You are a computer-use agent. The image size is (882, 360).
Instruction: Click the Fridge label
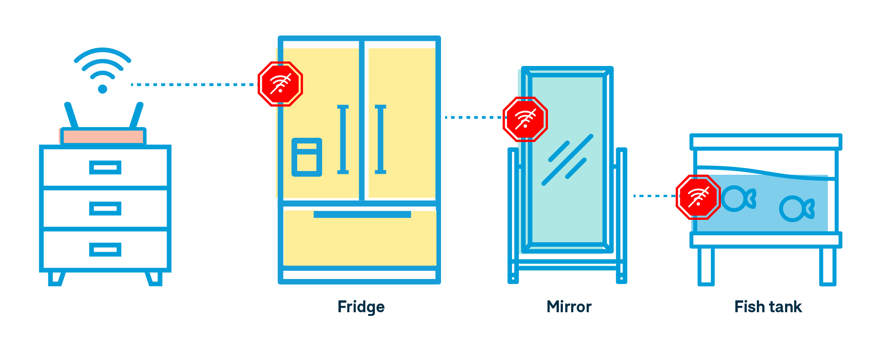point(361,307)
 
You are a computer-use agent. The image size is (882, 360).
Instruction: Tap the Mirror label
point(569,307)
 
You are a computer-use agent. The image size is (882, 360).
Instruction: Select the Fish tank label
point(768,307)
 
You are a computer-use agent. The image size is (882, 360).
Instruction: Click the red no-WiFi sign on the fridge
point(280,84)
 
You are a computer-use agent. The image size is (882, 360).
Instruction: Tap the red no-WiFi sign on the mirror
point(525,119)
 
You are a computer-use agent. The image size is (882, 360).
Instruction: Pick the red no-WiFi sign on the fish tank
point(698,197)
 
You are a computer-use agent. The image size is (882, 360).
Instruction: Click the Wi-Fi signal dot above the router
point(102,89)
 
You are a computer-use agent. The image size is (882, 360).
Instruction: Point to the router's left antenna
point(71,115)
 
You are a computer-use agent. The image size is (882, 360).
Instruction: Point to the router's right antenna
point(136,115)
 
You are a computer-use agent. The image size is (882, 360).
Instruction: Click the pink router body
point(103,137)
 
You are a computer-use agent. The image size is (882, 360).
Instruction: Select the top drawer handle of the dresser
point(105,167)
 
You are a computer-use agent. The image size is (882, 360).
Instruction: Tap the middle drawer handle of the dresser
point(105,209)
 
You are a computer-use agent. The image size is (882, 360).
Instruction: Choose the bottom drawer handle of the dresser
point(105,250)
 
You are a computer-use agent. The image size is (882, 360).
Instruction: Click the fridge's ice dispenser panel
point(307,157)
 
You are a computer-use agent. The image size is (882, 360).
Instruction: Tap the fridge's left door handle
point(343,139)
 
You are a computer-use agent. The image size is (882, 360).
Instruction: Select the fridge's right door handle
point(380,139)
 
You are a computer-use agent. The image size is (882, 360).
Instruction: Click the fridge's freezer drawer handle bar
point(362,214)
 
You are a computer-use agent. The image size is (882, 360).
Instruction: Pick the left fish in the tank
point(738,199)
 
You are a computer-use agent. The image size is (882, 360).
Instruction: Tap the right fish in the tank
point(796,209)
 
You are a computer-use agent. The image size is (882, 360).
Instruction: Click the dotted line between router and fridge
point(193,85)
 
